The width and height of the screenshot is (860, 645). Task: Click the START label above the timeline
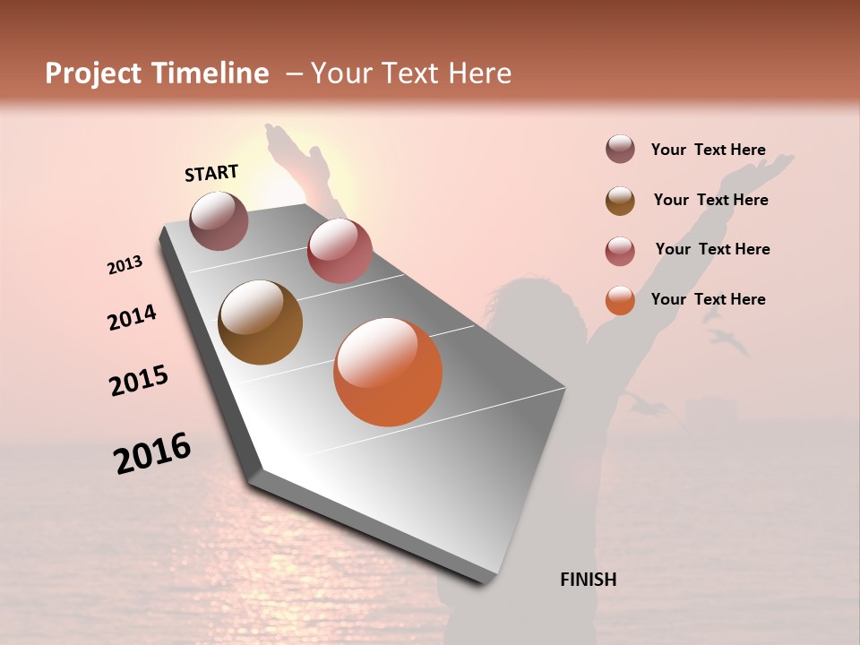211,172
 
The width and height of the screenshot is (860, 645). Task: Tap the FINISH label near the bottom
588,580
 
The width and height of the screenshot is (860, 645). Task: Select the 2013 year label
125,265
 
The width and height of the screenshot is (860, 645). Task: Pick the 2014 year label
132,317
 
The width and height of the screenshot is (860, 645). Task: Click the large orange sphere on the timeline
388,372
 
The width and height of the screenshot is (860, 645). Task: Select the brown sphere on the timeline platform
260,322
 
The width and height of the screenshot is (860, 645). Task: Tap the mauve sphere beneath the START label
219,220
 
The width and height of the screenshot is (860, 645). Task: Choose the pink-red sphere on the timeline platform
340,251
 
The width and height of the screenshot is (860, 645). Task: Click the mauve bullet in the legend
620,149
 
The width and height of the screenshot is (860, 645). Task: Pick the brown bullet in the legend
620,201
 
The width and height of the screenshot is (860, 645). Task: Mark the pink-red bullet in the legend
620,251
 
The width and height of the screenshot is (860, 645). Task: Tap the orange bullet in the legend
620,300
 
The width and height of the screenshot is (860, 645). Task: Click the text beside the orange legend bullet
708,299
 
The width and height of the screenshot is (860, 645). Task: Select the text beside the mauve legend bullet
708,150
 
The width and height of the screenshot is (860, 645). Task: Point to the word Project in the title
94,73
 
